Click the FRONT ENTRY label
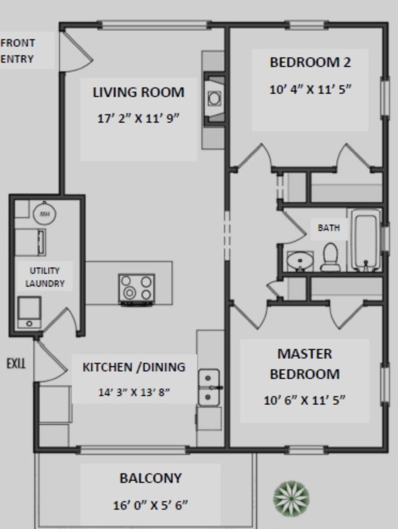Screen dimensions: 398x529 pyautogui.click(x=17, y=51)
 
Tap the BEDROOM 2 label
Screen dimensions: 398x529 pyautogui.click(x=310, y=62)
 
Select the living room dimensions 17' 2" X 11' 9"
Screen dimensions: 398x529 pyautogui.click(x=138, y=118)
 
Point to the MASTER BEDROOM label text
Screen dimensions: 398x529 pyautogui.click(x=305, y=364)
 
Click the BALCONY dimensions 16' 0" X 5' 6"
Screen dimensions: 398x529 pyautogui.click(x=150, y=505)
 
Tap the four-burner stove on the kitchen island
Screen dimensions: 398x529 pyautogui.click(x=137, y=290)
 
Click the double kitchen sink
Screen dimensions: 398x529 pyautogui.click(x=209, y=388)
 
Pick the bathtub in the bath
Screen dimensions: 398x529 pyautogui.click(x=366, y=240)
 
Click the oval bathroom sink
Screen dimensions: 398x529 pyautogui.click(x=300, y=261)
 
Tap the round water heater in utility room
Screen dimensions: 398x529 pyautogui.click(x=45, y=213)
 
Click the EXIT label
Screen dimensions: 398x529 pyautogui.click(x=16, y=363)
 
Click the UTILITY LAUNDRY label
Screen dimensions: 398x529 pyautogui.click(x=45, y=277)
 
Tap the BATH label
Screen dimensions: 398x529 pyautogui.click(x=329, y=227)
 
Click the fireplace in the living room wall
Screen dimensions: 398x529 pyautogui.click(x=214, y=99)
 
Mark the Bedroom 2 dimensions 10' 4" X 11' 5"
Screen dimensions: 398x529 pyautogui.click(x=310, y=89)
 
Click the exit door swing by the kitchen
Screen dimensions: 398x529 pyautogui.click(x=50, y=361)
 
